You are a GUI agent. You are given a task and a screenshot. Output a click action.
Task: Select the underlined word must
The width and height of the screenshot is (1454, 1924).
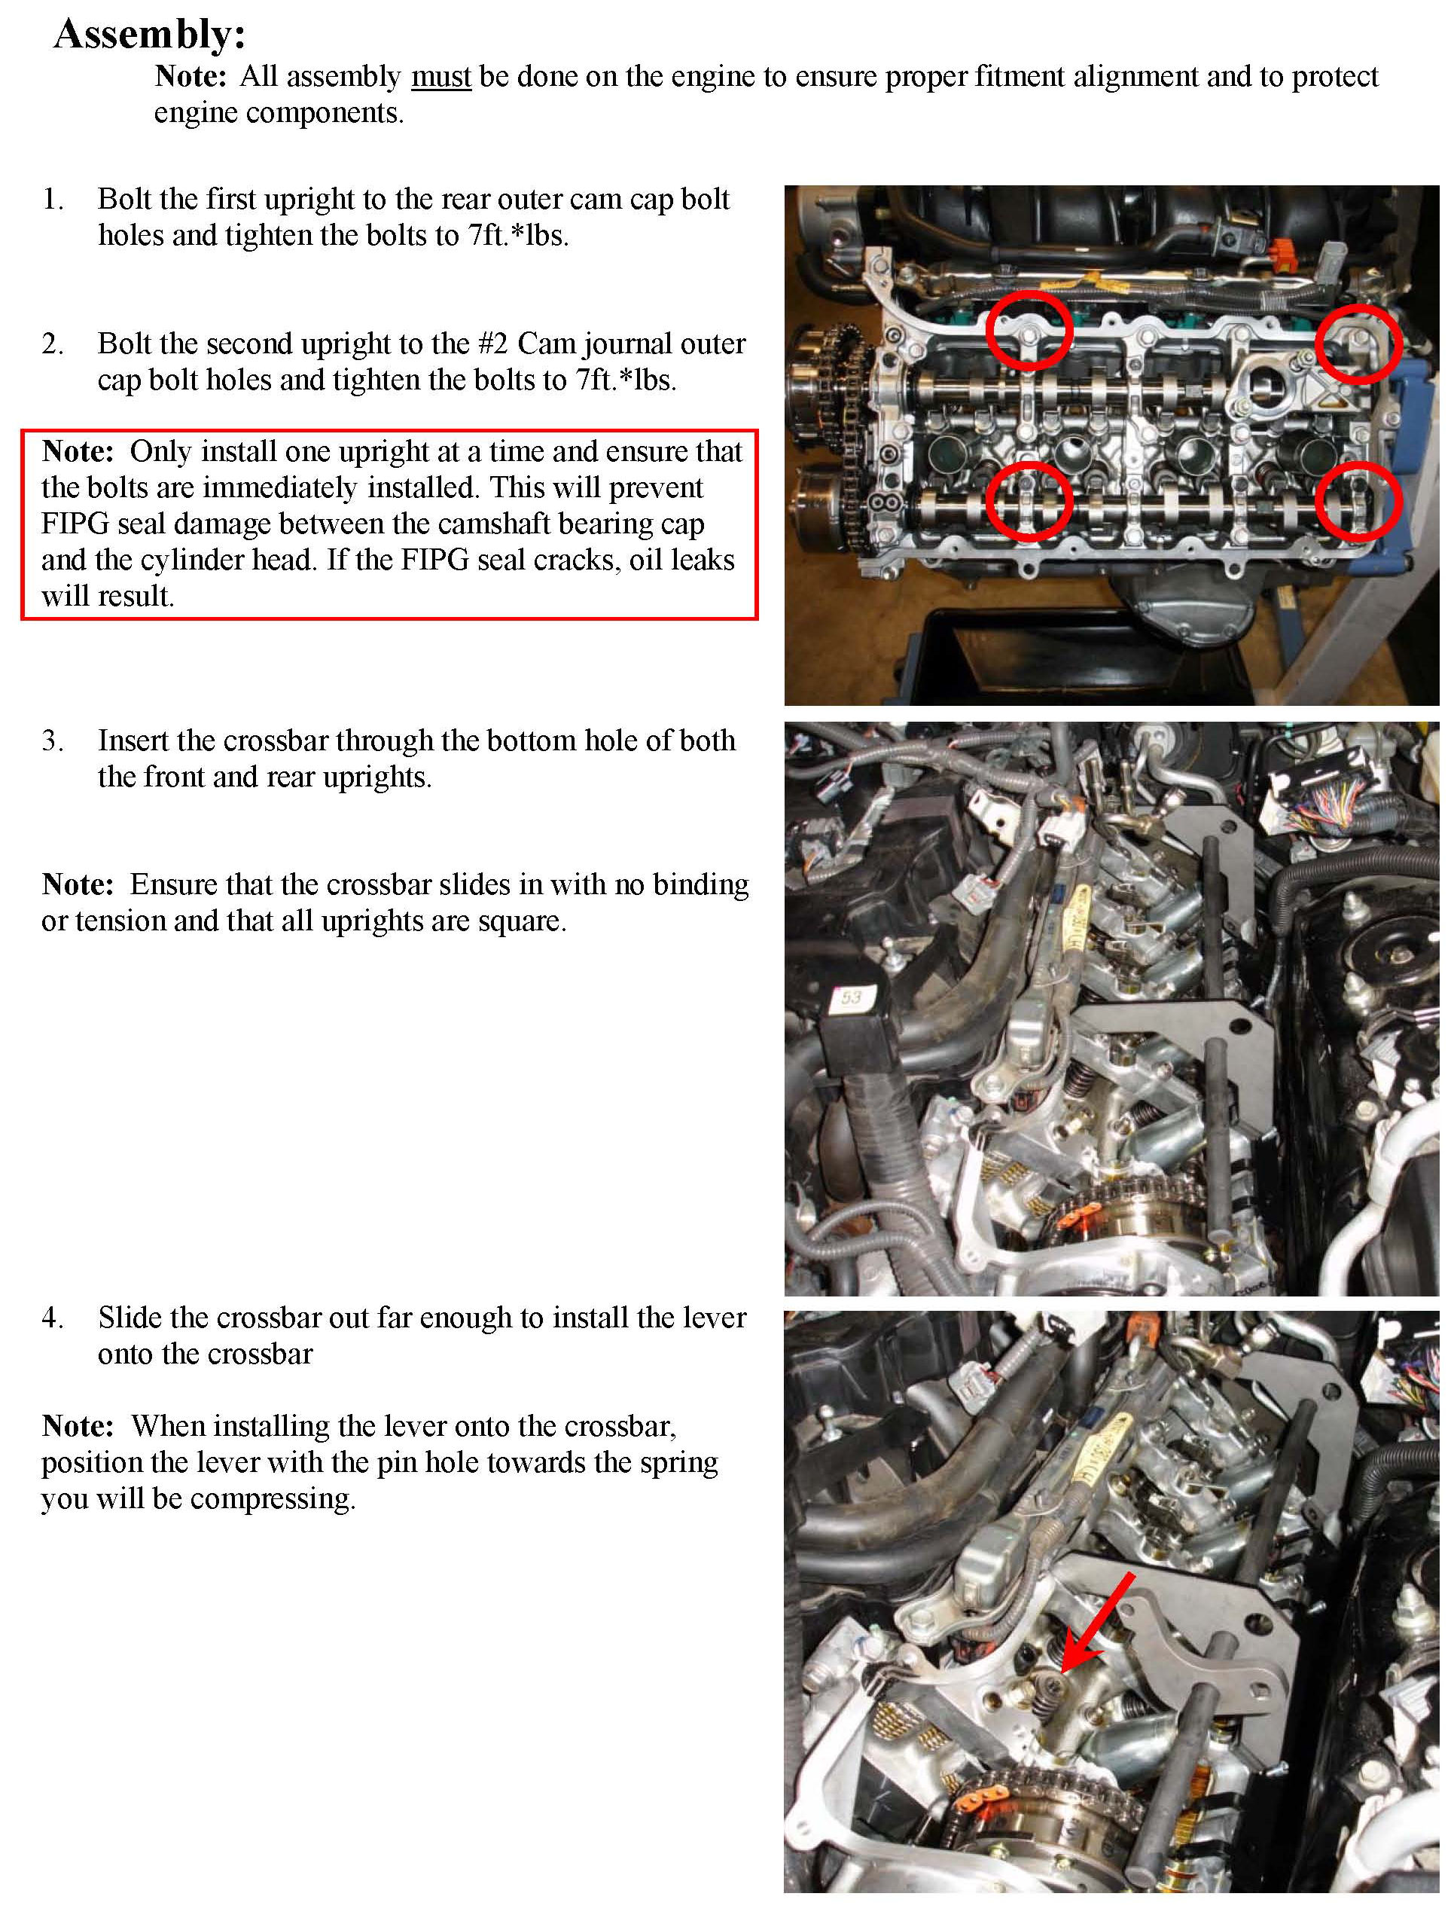441,77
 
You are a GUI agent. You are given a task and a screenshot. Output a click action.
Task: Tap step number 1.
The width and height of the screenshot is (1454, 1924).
52,199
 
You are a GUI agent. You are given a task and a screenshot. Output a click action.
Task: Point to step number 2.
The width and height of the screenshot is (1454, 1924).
52,344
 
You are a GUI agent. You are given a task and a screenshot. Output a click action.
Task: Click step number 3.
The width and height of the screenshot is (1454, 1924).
52,741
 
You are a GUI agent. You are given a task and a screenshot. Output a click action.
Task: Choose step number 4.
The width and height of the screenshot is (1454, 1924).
52,1318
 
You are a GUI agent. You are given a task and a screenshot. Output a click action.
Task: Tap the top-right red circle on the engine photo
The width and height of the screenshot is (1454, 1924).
1358,344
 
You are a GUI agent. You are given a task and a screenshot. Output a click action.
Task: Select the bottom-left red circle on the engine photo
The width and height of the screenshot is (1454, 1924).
1029,501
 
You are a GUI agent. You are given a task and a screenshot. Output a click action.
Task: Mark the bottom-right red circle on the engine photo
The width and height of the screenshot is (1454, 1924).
1358,501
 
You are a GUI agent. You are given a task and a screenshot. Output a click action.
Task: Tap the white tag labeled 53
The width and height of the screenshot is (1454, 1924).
849,997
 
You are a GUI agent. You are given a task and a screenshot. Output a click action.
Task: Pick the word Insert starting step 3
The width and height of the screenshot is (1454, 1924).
133,741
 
